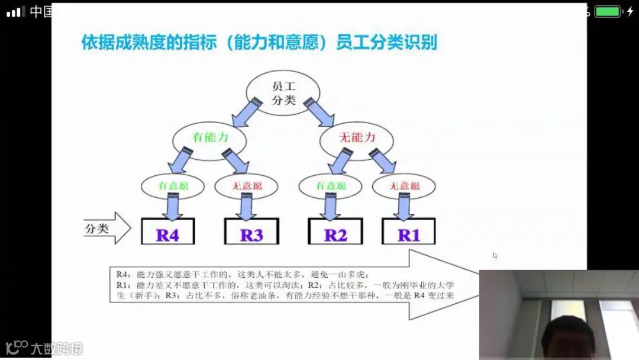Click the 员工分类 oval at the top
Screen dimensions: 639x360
283,94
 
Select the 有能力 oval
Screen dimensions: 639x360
210,137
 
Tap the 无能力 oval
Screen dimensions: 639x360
357,137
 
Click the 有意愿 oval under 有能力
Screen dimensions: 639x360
172,186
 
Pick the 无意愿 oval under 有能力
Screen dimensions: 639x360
247,186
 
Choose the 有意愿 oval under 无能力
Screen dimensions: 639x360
330,186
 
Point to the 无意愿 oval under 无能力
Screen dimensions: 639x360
405,186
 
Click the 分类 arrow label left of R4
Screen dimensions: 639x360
106,229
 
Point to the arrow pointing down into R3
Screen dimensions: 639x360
247,206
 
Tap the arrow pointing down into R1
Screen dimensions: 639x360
405,206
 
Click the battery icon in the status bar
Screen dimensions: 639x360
608,11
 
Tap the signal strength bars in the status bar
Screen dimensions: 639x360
16,11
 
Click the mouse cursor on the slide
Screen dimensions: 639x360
495,256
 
